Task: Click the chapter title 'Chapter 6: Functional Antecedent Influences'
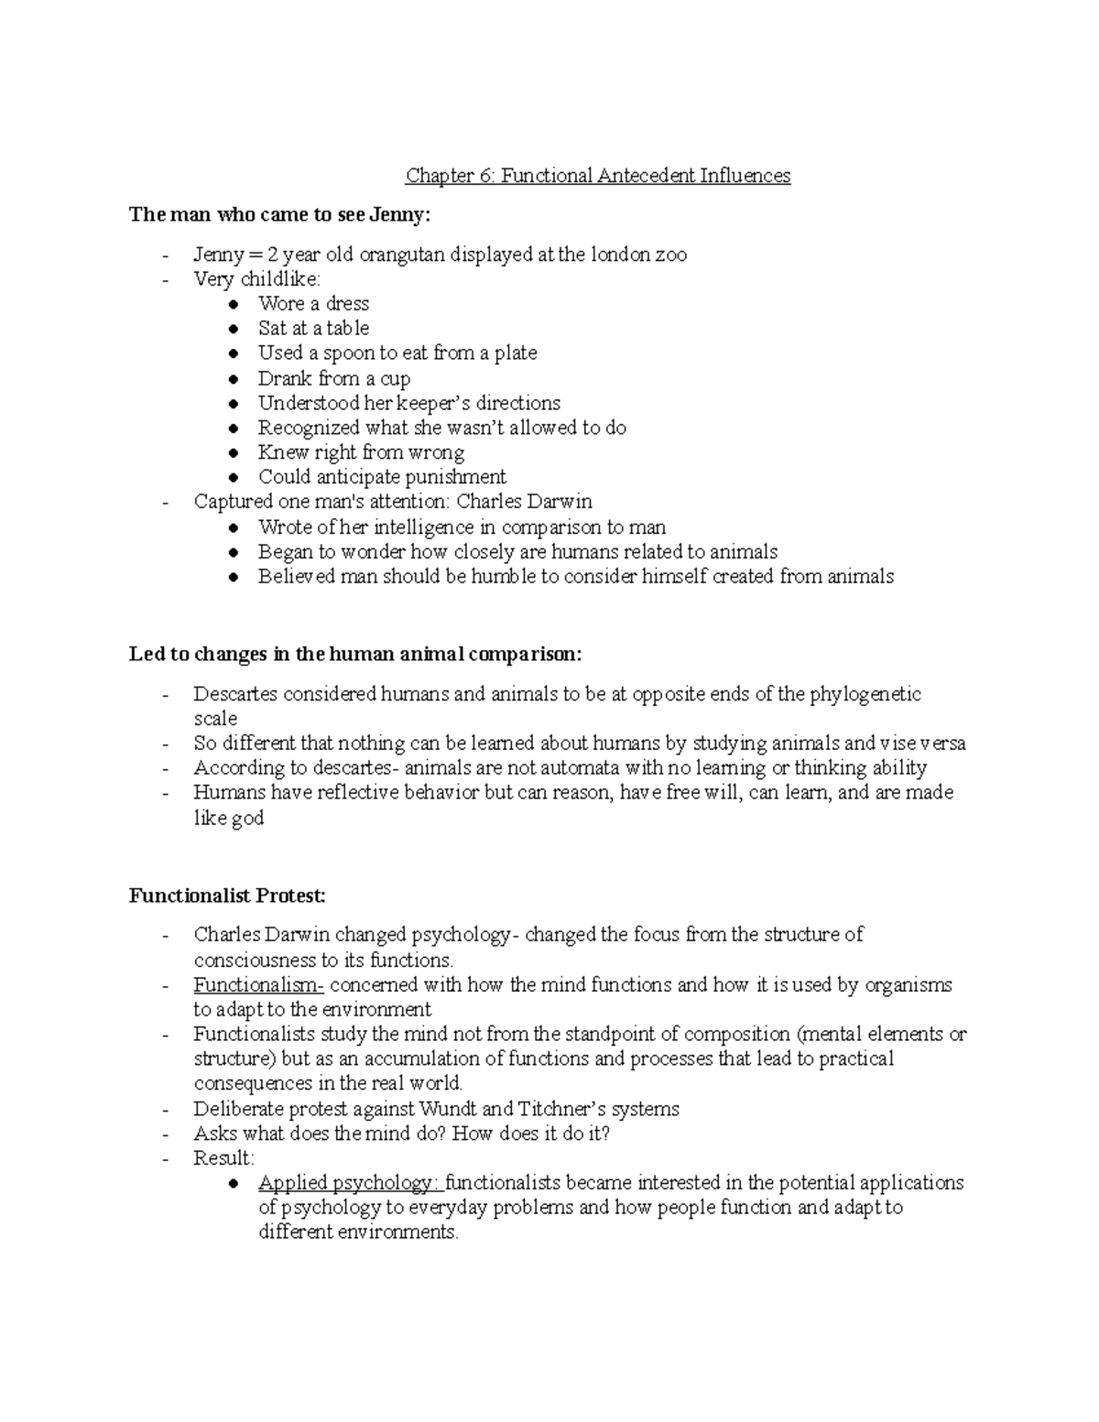coord(598,175)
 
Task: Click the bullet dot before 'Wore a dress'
coord(235,304)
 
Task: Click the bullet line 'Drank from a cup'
coord(333,378)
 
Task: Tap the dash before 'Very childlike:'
coord(165,280)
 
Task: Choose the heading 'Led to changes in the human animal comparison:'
coord(355,655)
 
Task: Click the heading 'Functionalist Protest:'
coord(227,896)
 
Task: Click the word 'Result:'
coord(223,1158)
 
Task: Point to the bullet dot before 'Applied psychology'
coord(235,1184)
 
